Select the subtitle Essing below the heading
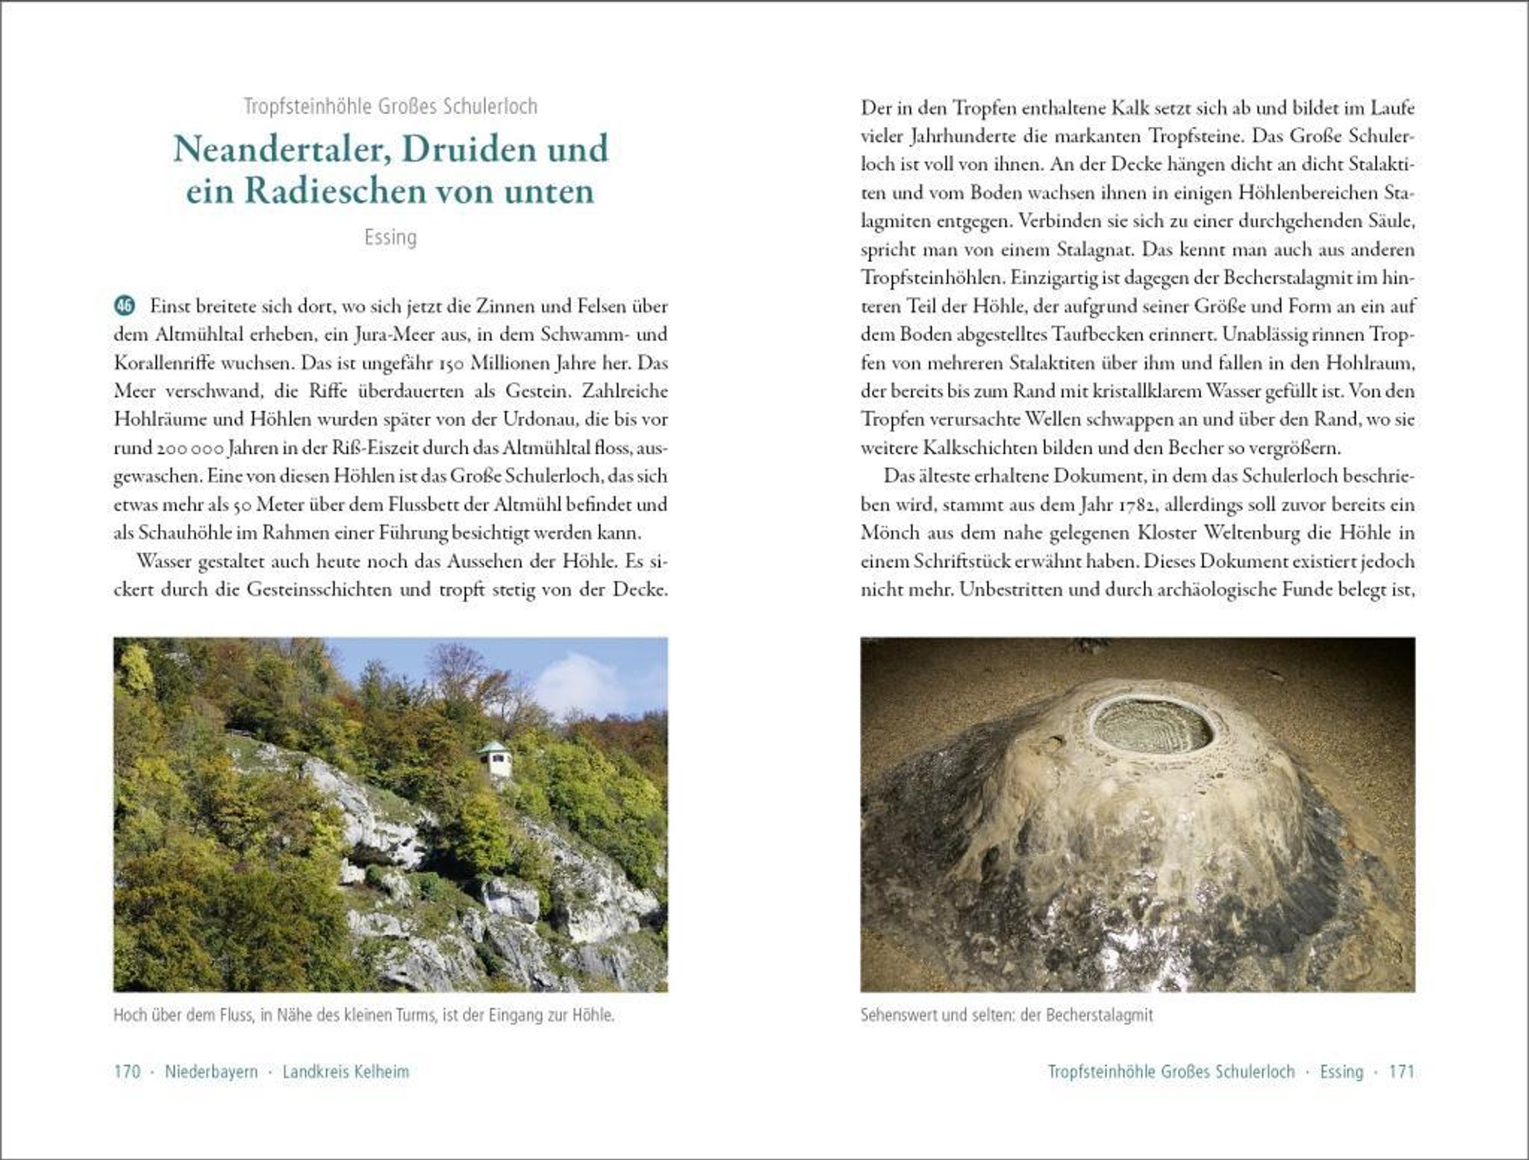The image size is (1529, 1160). click(391, 238)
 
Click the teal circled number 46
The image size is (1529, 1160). click(124, 306)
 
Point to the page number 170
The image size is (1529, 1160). click(127, 1071)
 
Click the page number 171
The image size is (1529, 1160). click(1402, 1071)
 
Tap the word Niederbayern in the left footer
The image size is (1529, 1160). click(211, 1071)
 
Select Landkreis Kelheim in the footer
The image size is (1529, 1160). click(345, 1071)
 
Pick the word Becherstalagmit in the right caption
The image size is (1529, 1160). click(1100, 1015)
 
